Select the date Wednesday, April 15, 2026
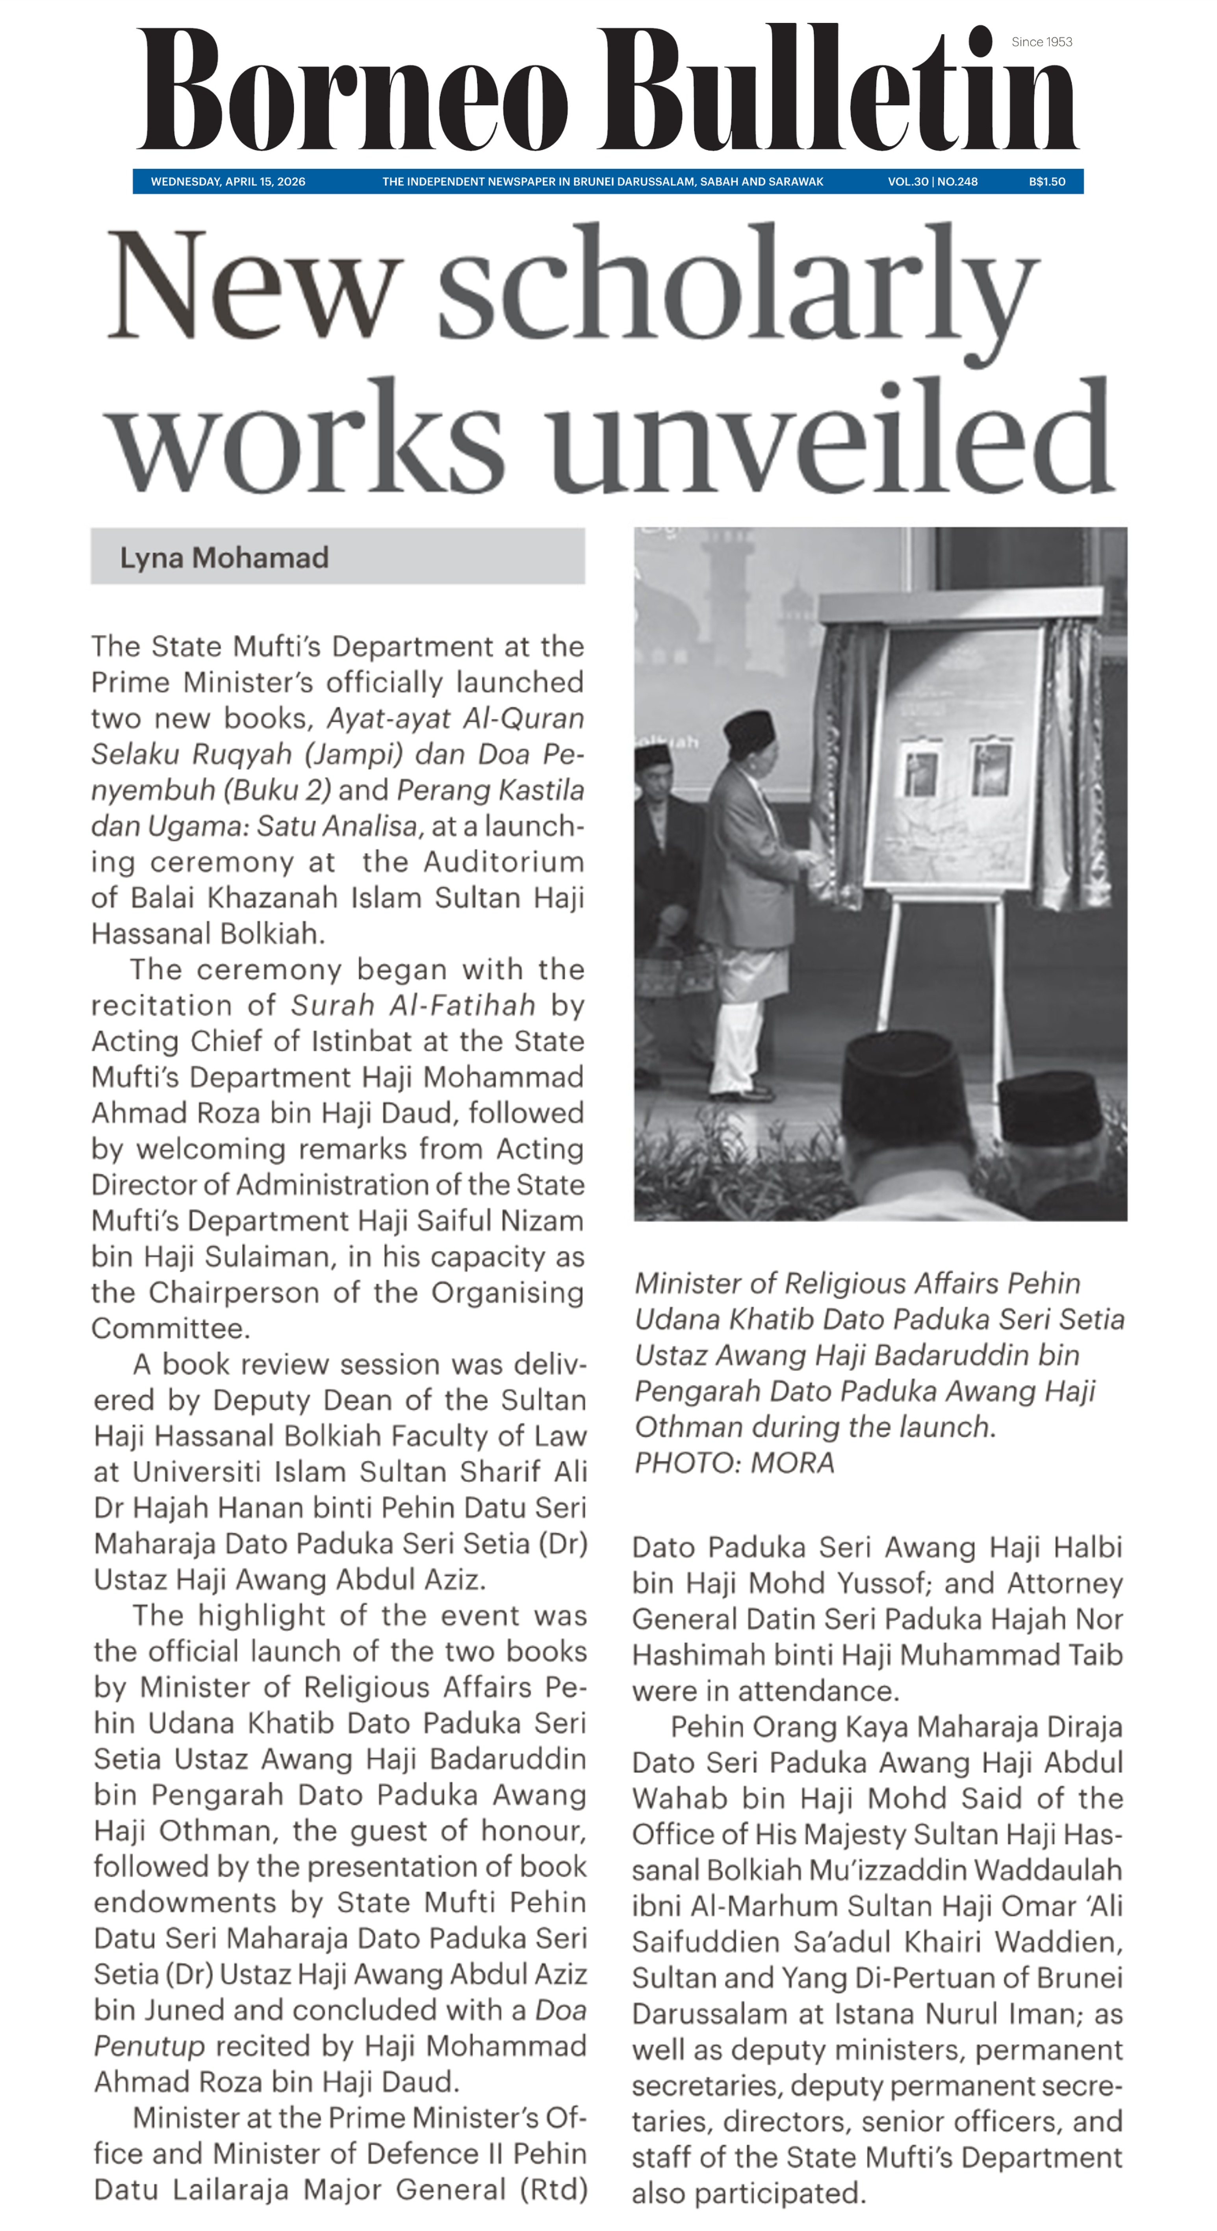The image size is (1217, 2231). pyautogui.click(x=228, y=182)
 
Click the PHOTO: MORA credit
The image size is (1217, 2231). pyautogui.click(x=735, y=1463)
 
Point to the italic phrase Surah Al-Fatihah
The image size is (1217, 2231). pyautogui.click(x=412, y=1004)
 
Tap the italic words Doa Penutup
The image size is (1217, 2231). pyautogui.click(x=338, y=2028)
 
